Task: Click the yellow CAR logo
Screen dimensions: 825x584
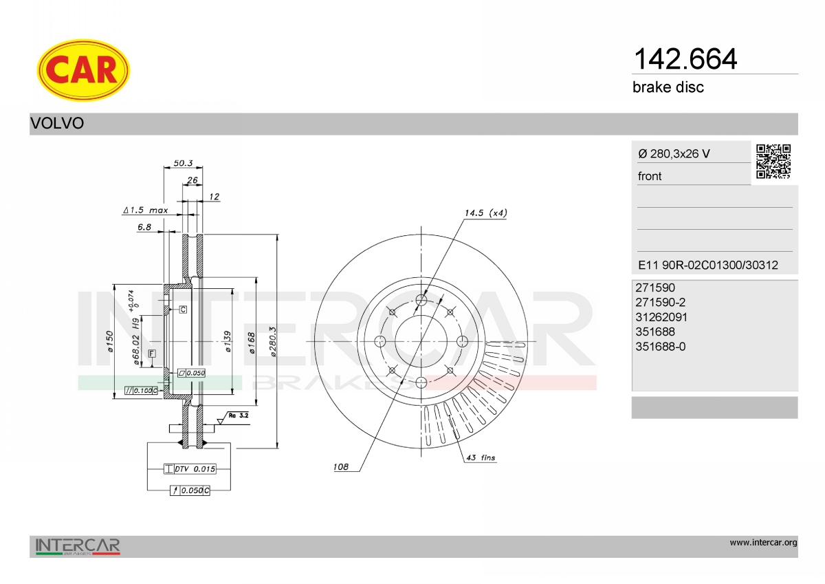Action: click(83, 70)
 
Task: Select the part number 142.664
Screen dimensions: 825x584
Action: click(685, 59)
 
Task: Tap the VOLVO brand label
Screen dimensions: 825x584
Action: click(57, 123)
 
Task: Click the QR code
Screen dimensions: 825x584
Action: click(773, 162)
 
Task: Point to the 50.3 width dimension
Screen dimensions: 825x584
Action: click(183, 163)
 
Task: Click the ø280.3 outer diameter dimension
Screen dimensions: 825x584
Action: click(272, 341)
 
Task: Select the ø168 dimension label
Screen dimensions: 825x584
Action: click(252, 343)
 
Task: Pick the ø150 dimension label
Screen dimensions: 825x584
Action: click(110, 341)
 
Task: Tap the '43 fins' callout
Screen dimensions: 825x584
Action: click(481, 457)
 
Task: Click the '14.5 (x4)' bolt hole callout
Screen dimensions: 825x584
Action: click(486, 213)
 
